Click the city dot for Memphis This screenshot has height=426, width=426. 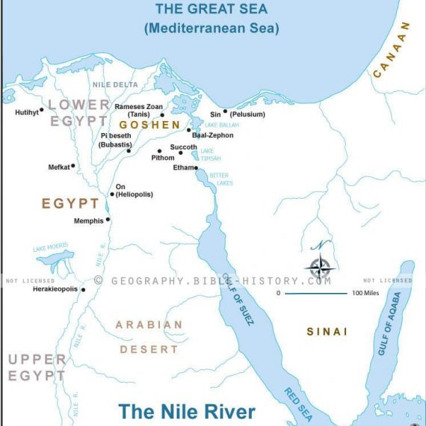[108, 220]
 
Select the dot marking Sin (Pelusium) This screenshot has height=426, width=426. [225, 111]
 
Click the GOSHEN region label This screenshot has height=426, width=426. [149, 125]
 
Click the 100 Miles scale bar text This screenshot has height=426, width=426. [367, 293]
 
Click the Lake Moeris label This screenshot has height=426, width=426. [50, 248]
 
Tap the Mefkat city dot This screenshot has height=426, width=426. [73, 166]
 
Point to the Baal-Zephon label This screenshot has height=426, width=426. [212, 135]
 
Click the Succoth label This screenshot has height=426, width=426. [183, 147]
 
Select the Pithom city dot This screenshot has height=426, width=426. [159, 151]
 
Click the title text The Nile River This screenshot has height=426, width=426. [187, 412]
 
